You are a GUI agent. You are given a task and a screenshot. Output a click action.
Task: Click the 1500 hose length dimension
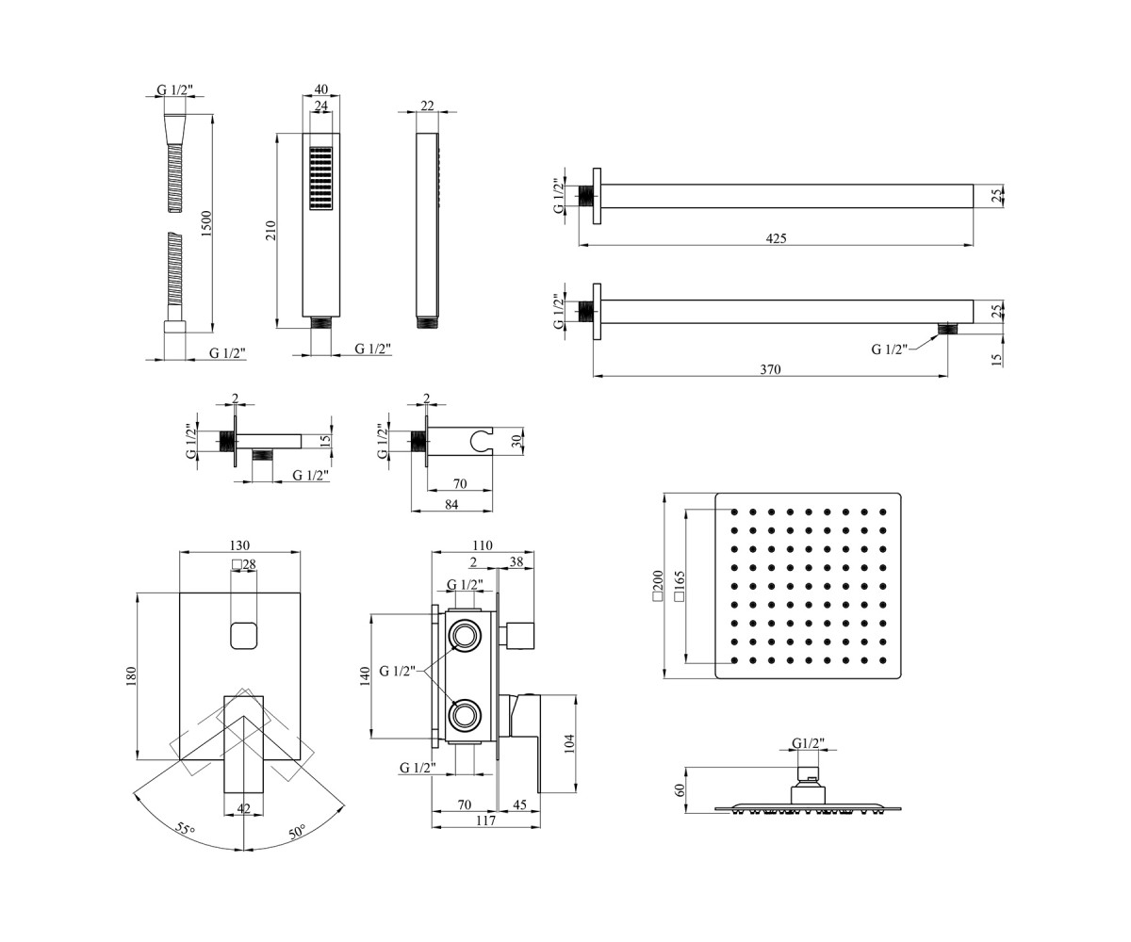point(206,223)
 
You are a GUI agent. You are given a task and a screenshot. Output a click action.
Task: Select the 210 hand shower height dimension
point(270,230)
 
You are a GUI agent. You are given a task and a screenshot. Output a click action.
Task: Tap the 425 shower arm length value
point(776,238)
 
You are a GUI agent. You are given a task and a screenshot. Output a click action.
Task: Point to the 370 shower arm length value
point(770,369)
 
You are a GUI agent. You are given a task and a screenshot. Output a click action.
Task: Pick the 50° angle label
point(297,832)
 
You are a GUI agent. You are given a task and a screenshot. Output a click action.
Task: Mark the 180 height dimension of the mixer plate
point(131,676)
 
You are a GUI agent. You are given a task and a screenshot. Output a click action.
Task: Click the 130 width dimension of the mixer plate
point(239,545)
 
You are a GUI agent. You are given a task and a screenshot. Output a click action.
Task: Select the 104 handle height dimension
point(568,744)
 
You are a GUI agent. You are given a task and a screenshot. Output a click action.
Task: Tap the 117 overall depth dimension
point(486,820)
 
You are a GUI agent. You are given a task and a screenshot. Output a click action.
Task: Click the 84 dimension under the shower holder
point(451,505)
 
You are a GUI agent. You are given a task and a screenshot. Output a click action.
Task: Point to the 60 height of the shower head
point(680,790)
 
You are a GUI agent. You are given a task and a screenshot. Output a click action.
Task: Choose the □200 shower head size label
point(658,586)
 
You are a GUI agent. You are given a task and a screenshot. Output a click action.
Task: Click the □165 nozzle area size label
point(680,586)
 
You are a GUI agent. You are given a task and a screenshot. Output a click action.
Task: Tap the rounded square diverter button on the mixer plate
point(244,635)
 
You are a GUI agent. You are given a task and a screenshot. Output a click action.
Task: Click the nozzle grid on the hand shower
point(320,178)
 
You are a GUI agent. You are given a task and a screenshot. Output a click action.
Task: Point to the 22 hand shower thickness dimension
point(427,106)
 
